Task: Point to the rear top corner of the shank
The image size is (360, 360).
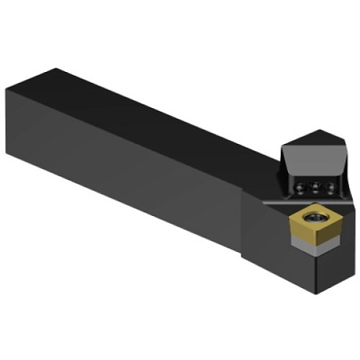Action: (55, 69)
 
